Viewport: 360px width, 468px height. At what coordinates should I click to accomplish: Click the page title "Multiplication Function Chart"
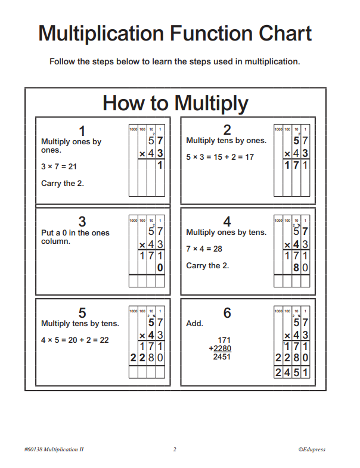pyautogui.click(x=175, y=33)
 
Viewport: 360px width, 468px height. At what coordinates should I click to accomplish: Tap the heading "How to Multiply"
pyautogui.click(x=175, y=103)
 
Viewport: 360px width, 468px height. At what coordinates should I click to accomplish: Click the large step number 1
pyautogui.click(x=82, y=130)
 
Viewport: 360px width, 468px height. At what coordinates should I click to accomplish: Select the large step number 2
pyautogui.click(x=227, y=130)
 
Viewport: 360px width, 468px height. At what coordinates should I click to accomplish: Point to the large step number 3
pyautogui.click(x=82, y=221)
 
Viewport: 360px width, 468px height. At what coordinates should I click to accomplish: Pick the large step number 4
pyautogui.click(x=227, y=221)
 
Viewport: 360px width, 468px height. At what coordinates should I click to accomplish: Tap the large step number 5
pyautogui.click(x=82, y=312)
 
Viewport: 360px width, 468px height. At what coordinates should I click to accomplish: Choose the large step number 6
pyautogui.click(x=227, y=312)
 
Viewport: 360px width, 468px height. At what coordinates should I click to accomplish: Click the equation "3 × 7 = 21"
pyautogui.click(x=59, y=167)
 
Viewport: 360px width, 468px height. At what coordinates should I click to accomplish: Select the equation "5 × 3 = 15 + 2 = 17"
pyautogui.click(x=220, y=157)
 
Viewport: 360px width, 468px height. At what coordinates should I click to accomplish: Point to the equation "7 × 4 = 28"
pyautogui.click(x=204, y=249)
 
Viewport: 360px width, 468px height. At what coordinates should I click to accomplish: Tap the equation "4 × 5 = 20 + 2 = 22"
pyautogui.click(x=75, y=340)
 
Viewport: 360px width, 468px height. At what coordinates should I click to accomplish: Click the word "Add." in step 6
pyautogui.click(x=194, y=324)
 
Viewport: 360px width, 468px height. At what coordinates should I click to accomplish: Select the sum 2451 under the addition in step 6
pyautogui.click(x=221, y=357)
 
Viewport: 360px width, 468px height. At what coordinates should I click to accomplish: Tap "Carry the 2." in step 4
pyautogui.click(x=207, y=265)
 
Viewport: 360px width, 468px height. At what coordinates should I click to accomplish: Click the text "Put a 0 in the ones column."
pyautogui.click(x=75, y=237)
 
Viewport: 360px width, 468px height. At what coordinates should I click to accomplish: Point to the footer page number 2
pyautogui.click(x=175, y=450)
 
